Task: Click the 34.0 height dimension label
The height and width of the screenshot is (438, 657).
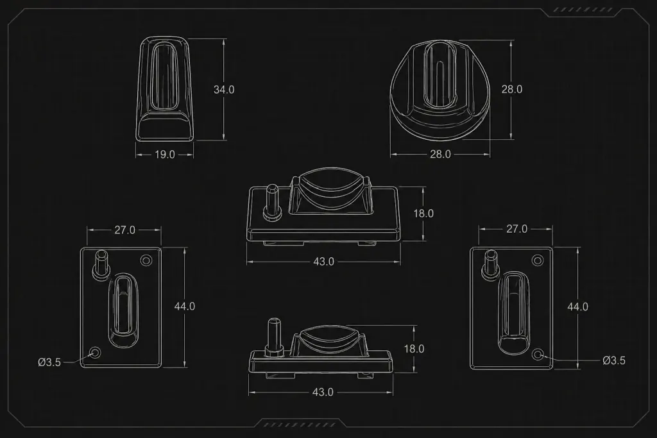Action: (x=224, y=90)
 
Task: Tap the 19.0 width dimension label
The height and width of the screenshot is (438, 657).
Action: (x=165, y=155)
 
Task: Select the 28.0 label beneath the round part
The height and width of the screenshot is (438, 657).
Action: (x=440, y=154)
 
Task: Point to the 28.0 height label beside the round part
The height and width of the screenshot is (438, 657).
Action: (x=512, y=89)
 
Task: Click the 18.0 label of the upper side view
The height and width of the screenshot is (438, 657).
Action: (x=423, y=214)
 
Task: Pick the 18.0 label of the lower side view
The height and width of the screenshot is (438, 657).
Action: (x=414, y=349)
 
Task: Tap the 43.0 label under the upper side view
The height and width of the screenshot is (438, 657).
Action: (x=323, y=262)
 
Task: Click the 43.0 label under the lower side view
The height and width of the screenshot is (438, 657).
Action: (x=323, y=392)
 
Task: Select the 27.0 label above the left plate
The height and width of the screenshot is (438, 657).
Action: (x=125, y=230)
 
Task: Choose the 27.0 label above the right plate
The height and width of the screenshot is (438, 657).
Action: (x=516, y=229)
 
